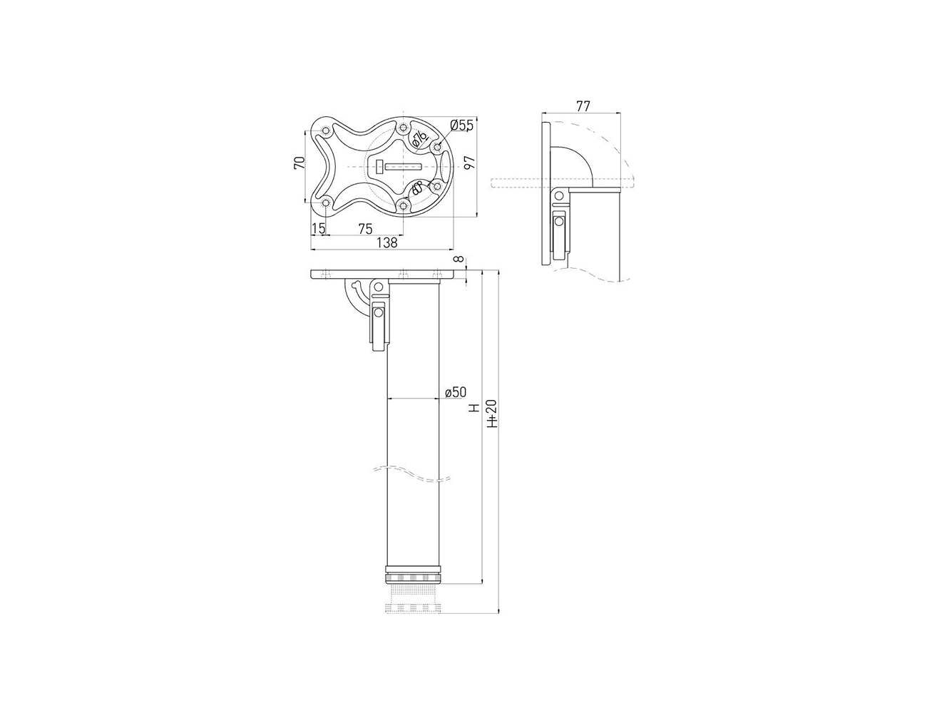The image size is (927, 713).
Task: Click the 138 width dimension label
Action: point(387,242)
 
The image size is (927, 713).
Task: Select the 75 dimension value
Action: point(366,229)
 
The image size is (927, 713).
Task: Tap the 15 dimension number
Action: point(318,229)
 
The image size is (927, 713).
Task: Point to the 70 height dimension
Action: point(299,163)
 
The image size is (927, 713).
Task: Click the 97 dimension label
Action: point(470,163)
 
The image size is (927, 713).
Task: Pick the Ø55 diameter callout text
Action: point(462,125)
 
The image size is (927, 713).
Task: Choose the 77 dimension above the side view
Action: point(583,106)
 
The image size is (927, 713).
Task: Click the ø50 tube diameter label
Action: point(456,392)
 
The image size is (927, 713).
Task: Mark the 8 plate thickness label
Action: point(459,259)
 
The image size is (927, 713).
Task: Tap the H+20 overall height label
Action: point(492,414)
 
